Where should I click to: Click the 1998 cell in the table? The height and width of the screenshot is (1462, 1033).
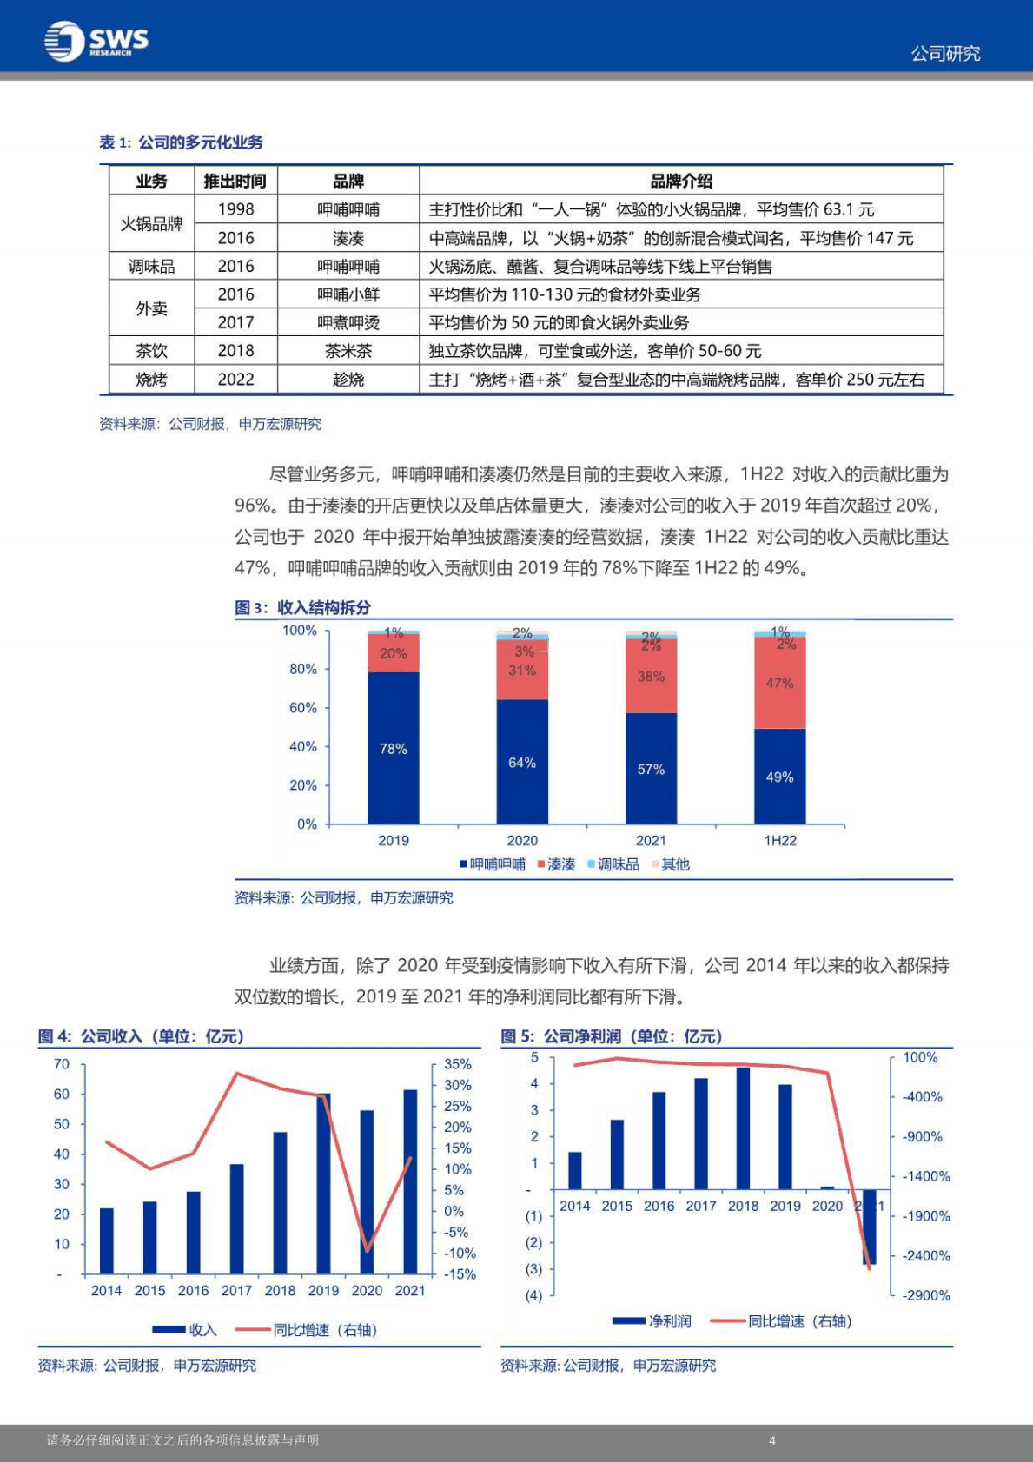[x=235, y=209]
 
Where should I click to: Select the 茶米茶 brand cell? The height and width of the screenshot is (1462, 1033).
[x=348, y=351]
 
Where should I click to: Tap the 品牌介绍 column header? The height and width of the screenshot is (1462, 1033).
[x=680, y=181]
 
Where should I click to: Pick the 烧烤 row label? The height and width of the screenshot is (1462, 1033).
[x=151, y=380]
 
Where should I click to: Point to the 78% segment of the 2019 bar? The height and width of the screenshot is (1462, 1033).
[x=393, y=748]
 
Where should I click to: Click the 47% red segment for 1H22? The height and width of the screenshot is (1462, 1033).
[x=779, y=684]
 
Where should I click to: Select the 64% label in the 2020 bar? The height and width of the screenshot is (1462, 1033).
[x=521, y=763]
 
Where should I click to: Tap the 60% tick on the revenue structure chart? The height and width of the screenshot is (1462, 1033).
[x=302, y=708]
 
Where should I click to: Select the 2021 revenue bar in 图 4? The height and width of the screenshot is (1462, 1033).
[x=410, y=1181]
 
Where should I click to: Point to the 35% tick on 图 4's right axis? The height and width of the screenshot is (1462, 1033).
[x=458, y=1064]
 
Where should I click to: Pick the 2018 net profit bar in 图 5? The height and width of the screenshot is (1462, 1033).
[x=743, y=1128]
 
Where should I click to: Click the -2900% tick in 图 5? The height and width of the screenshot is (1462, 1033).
[x=926, y=1295]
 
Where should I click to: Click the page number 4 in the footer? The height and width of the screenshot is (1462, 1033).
[x=771, y=1440]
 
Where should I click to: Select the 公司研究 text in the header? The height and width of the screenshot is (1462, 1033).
[x=945, y=54]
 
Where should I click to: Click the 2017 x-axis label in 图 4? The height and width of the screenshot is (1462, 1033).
[x=236, y=1291]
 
